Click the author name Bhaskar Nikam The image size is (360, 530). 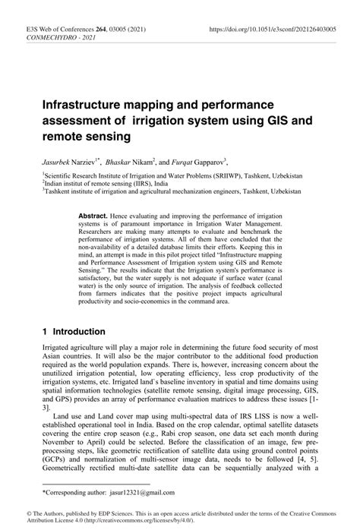coord(129,162)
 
